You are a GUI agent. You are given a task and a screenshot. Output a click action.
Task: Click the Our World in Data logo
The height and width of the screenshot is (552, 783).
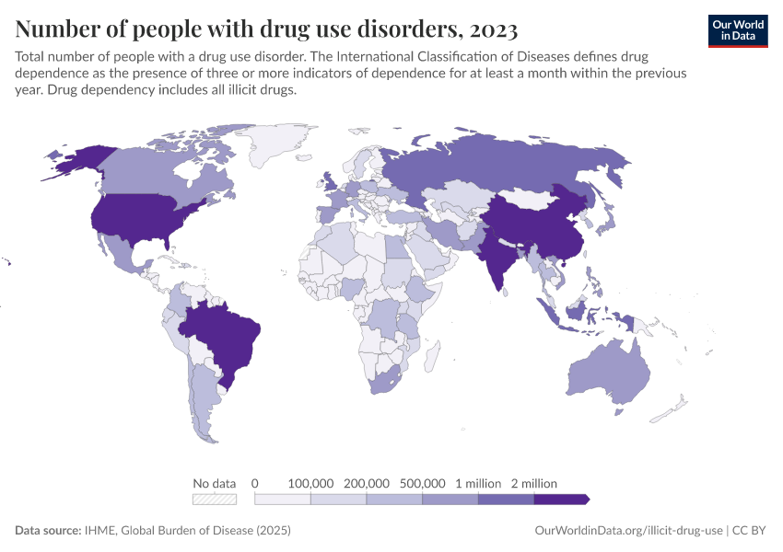point(737,30)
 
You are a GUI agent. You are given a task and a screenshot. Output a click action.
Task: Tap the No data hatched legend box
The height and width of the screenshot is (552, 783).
point(215,500)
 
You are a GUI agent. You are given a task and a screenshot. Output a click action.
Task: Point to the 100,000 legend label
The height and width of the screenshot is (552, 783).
point(310,483)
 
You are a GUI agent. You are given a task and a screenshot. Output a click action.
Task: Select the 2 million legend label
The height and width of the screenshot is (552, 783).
point(533,483)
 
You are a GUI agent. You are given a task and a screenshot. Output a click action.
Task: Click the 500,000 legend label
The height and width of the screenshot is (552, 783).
point(422,483)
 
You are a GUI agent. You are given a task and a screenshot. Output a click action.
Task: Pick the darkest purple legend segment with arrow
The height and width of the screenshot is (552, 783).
point(560,500)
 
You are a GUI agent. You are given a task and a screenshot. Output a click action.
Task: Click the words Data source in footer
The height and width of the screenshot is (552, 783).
point(48,531)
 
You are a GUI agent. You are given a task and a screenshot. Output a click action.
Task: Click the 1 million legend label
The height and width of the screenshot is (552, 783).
point(478,483)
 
